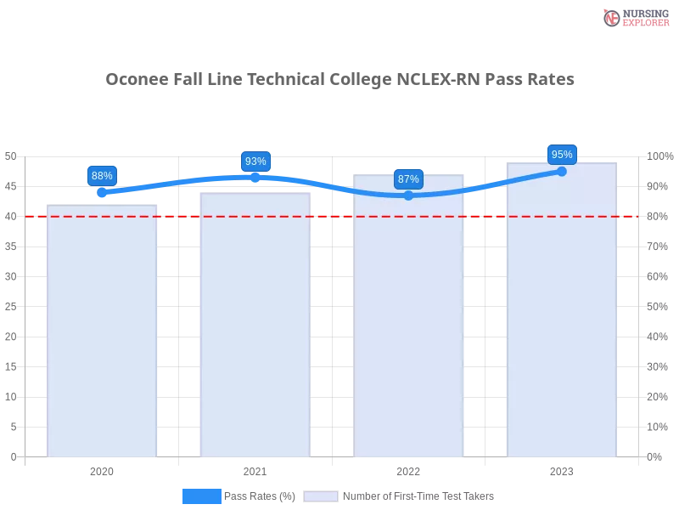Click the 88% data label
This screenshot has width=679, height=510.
pos(102,176)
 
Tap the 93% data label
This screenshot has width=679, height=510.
pos(255,161)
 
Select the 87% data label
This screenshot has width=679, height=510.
pos(408,179)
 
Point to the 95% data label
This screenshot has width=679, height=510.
pos(562,155)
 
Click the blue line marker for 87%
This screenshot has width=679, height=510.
pos(408,195)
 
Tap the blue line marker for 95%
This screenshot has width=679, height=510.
pos(562,171)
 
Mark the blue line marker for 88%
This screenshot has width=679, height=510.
pos(102,193)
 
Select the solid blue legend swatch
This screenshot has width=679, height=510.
pos(202,496)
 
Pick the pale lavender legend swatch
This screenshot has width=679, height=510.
pos(321,496)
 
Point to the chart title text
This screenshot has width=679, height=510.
pos(339,79)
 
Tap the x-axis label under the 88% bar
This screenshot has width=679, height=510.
pos(102,470)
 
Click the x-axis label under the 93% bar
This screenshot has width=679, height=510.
pos(255,470)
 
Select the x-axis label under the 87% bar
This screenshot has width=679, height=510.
pos(408,470)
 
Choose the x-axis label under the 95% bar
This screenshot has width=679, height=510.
pos(562,470)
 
